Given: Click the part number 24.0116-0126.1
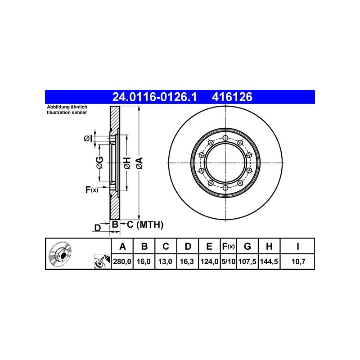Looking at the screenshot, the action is (x=154, y=97).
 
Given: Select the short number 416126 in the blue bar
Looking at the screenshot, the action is (x=232, y=97).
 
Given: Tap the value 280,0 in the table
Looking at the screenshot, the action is (x=122, y=261).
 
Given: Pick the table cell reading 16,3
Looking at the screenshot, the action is (x=187, y=261).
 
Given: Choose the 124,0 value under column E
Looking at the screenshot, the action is (x=209, y=261).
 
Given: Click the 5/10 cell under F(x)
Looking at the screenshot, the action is (x=229, y=261).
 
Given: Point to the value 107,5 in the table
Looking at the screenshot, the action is (x=247, y=261).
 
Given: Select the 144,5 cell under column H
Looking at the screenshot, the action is (x=269, y=261).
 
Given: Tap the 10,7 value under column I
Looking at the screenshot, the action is (x=298, y=261).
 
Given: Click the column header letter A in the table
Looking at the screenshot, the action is (x=122, y=246).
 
